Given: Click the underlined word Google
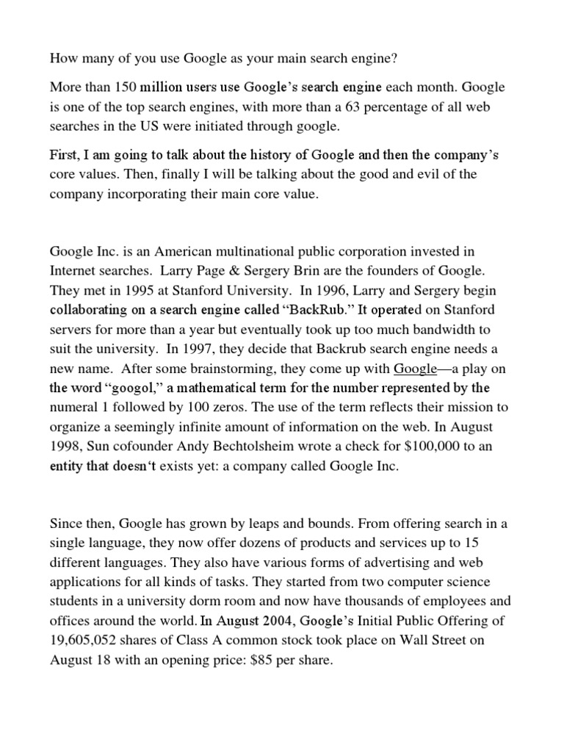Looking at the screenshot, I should tap(416, 369).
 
